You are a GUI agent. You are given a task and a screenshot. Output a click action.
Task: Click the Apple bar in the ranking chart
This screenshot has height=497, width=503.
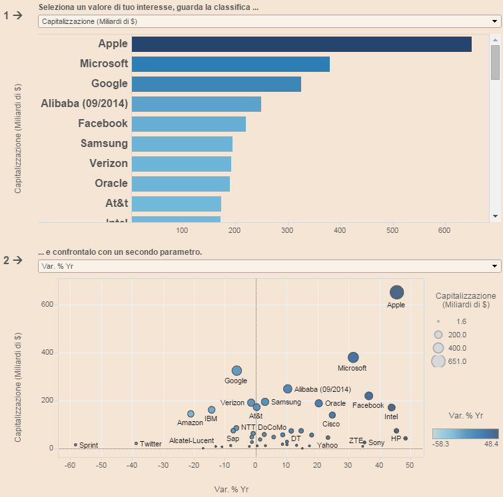tap(301, 44)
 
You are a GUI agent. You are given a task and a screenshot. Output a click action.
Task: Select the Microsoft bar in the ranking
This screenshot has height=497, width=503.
tap(231, 64)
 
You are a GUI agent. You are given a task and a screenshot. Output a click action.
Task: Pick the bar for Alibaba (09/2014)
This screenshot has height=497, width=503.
tap(196, 104)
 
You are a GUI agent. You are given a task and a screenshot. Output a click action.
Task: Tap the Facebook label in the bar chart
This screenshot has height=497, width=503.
tap(103, 124)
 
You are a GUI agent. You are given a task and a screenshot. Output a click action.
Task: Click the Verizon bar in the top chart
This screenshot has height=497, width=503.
tap(181, 164)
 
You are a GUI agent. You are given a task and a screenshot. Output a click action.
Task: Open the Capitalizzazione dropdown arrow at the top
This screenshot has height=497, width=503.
tap(494, 21)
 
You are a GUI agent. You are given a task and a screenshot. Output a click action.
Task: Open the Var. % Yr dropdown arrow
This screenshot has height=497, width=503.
tap(494, 266)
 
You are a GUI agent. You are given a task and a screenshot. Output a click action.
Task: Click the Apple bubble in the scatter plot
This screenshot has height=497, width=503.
tap(396, 293)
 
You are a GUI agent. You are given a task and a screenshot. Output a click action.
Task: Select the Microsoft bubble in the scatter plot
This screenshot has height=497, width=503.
tap(353, 357)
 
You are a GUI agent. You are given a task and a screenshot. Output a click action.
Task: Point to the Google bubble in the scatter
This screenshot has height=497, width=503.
tap(237, 371)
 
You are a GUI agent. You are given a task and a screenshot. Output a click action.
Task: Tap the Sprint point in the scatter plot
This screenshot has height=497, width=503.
tap(75, 444)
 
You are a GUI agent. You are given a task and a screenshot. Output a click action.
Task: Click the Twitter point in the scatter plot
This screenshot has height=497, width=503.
tap(136, 443)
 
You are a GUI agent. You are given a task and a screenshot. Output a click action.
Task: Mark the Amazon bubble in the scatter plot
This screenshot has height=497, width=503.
tap(191, 414)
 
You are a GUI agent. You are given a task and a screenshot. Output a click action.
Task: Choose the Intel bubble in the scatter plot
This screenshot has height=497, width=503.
tap(392, 407)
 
